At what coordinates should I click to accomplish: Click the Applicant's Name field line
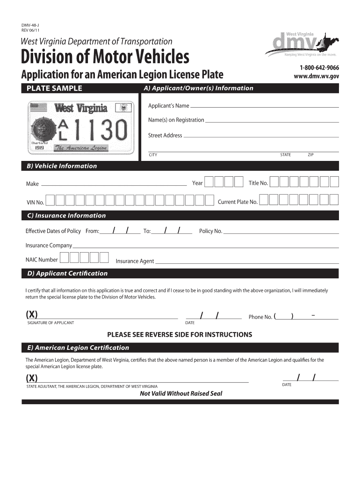pos(264,107)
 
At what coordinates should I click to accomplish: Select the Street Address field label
pos(165,136)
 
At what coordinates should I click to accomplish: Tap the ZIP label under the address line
pos(310,155)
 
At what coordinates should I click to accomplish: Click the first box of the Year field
pos(209,182)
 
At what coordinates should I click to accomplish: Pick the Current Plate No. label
pos(238,202)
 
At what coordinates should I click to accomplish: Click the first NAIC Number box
pos(65,258)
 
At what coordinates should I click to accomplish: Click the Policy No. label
pos(210,232)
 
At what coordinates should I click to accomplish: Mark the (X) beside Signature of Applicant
pos(32,313)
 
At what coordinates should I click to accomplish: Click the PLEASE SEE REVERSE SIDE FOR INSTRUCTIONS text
pos(180,334)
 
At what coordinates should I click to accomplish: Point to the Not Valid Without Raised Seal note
pos(181,393)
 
